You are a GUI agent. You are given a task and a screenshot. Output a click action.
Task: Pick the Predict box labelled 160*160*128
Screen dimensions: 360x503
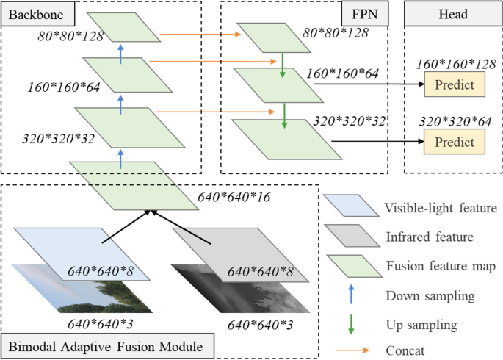click(x=455, y=85)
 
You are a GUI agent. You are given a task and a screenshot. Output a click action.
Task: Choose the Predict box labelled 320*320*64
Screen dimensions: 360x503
click(x=455, y=140)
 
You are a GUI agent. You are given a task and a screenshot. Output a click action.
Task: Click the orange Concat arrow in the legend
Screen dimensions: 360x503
click(x=350, y=351)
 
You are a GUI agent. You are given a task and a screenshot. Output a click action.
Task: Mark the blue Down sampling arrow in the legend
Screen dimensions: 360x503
click(x=350, y=297)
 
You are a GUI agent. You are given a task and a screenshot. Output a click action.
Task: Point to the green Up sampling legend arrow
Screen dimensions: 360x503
click(x=350, y=324)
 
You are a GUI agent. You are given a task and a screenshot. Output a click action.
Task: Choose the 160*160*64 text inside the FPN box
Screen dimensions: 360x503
click(x=341, y=74)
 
